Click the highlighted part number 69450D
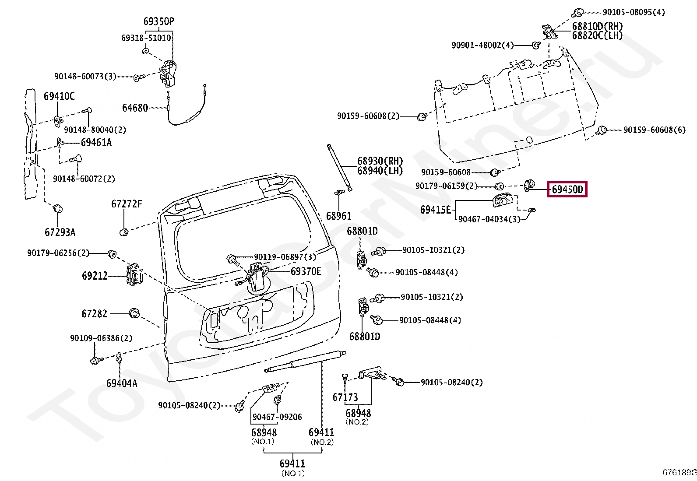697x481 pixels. point(567,189)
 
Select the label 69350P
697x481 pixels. point(158,21)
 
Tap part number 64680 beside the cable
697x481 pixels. point(135,108)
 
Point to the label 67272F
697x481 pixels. point(127,204)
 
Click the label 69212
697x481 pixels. point(95,276)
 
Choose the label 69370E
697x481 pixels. point(306,271)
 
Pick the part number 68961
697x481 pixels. point(338,216)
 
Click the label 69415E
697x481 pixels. point(436,210)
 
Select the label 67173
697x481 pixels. point(345,397)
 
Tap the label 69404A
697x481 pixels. point(122,383)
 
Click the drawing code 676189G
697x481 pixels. point(679,472)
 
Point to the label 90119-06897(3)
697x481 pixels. point(285,256)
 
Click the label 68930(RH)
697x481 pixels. point(380,161)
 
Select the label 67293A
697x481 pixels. point(60,232)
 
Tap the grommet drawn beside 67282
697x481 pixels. point(134,313)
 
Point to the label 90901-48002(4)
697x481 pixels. point(482,46)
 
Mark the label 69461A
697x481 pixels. point(96,143)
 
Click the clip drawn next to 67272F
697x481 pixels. point(124,232)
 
